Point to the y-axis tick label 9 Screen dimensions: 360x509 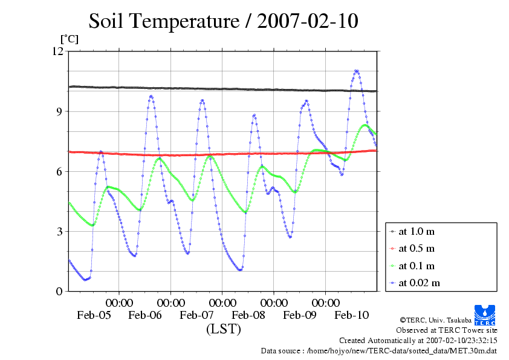(x=59, y=111)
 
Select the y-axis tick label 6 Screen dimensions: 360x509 (x=59, y=171)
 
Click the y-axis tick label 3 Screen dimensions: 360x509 (x=59, y=231)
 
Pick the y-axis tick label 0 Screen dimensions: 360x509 (x=59, y=291)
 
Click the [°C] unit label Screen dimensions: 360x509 (x=68, y=39)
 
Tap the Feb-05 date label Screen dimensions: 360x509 (x=94, y=315)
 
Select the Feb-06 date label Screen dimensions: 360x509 (x=145, y=315)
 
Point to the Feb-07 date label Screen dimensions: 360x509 (x=197, y=315)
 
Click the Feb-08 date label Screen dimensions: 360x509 (x=248, y=315)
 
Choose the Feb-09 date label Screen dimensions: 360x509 (x=300, y=315)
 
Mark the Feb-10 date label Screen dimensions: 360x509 (x=352, y=315)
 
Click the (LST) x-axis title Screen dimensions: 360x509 (x=223, y=329)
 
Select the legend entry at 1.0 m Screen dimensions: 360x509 (x=417, y=232)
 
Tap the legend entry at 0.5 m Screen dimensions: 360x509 (x=417, y=249)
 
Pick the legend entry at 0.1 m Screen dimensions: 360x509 (x=417, y=266)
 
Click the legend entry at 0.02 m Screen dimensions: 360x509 (x=419, y=283)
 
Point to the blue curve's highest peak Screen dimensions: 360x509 (x=357, y=71)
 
